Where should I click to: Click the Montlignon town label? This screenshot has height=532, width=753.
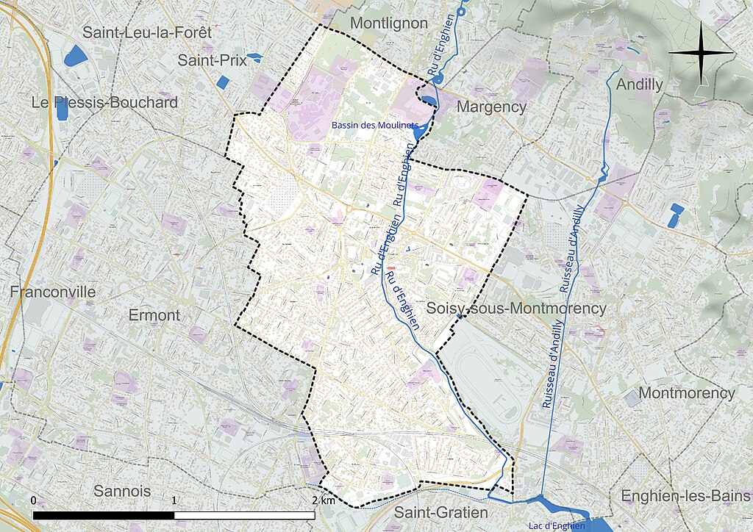pyautogui.click(x=388, y=24)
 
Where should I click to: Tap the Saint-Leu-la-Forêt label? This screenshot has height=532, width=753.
pyautogui.click(x=147, y=32)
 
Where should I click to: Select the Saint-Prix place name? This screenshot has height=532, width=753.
pyautogui.click(x=212, y=61)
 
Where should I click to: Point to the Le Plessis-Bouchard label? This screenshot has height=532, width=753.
pyautogui.click(x=104, y=103)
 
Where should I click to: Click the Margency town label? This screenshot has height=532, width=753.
pyautogui.click(x=492, y=107)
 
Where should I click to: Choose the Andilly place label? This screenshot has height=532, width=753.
pyautogui.click(x=639, y=85)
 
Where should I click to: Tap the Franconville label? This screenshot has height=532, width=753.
pyautogui.click(x=53, y=292)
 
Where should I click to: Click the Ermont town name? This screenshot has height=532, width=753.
pyautogui.click(x=154, y=315)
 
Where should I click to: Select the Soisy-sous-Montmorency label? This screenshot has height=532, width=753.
pyautogui.click(x=516, y=309)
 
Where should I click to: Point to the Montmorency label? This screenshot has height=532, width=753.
pyautogui.click(x=686, y=393)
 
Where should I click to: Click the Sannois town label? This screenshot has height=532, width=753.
pyautogui.click(x=122, y=491)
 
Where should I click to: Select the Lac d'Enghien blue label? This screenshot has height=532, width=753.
pyautogui.click(x=557, y=525)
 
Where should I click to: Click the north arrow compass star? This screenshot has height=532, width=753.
pyautogui.click(x=701, y=52)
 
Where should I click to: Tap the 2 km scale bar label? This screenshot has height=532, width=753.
pyautogui.click(x=324, y=500)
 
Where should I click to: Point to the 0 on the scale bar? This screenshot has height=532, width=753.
pyautogui.click(x=34, y=500)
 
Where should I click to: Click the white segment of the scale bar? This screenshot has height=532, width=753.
pyautogui.click(x=245, y=515)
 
